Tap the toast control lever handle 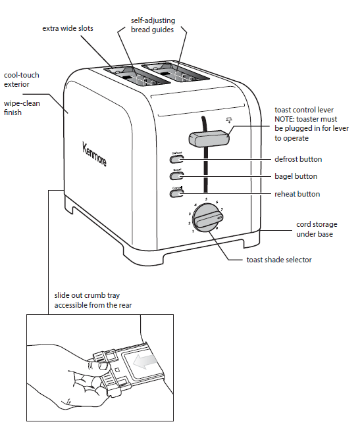point(209,138)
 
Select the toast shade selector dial point(209,217)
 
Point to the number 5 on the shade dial point(206,199)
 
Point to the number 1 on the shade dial point(193,231)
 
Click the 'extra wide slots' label point(67,28)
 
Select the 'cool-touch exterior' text point(22,80)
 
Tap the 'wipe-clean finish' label point(22,108)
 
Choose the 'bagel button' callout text point(296,176)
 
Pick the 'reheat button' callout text point(297,194)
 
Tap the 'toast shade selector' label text point(279,260)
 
